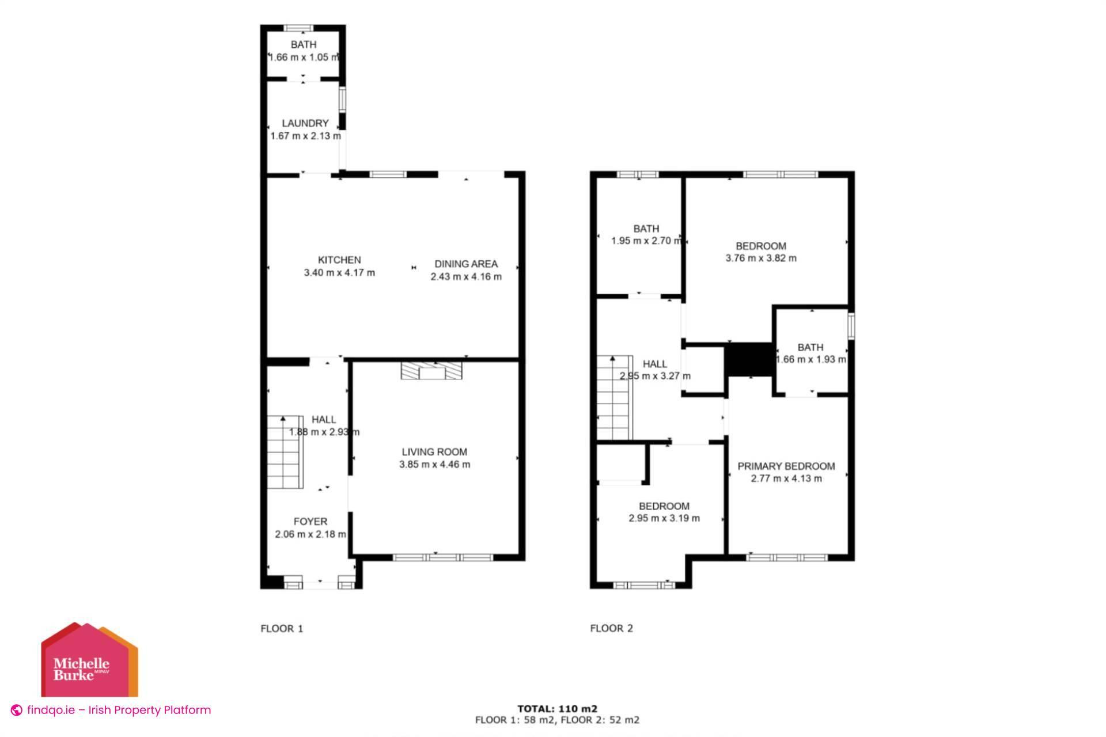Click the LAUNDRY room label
click(x=305, y=123)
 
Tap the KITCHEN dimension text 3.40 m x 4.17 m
click(x=339, y=273)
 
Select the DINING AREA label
click(x=465, y=264)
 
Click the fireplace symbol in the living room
click(x=431, y=371)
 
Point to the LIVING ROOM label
click(x=434, y=452)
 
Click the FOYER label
click(x=310, y=522)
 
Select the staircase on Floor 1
click(x=285, y=452)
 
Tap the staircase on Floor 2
click(x=614, y=398)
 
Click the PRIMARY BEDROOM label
click(x=786, y=466)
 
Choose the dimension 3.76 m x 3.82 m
click(x=760, y=259)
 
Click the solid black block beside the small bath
click(x=749, y=359)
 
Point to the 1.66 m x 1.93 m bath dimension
click(x=810, y=360)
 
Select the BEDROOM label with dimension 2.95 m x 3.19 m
click(x=664, y=506)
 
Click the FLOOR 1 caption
click(x=282, y=628)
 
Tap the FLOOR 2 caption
click(x=611, y=628)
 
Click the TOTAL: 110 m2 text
click(x=557, y=709)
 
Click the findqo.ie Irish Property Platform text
click(x=118, y=710)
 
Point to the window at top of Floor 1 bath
click(x=299, y=28)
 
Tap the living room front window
click(x=443, y=557)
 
